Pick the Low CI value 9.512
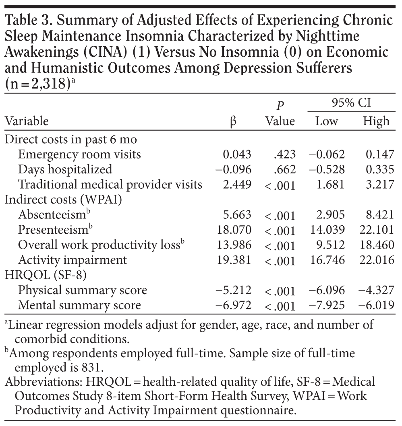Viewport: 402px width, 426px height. coord(330,245)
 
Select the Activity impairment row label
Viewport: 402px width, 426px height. coord(73,260)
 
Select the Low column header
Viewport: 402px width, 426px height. coord(327,121)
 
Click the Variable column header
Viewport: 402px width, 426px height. coord(27,121)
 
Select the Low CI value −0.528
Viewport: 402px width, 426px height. coord(327,169)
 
